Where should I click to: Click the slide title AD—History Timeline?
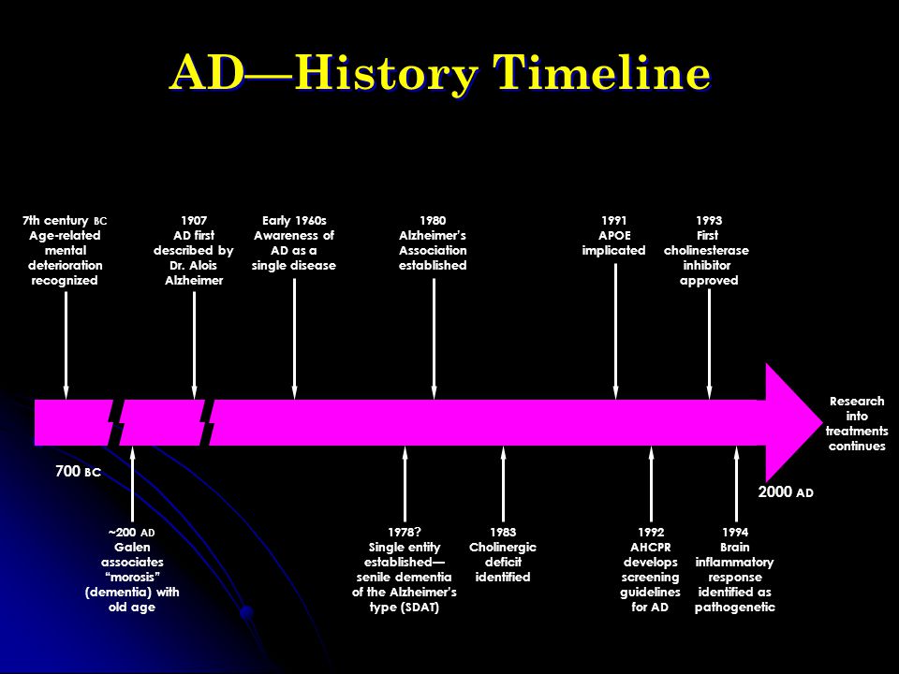pyautogui.click(x=439, y=74)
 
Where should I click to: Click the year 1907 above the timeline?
pyautogui.click(x=193, y=220)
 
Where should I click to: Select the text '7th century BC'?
pyautogui.click(x=65, y=220)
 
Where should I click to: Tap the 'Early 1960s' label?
pyautogui.click(x=294, y=220)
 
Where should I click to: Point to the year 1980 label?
pyautogui.click(x=433, y=220)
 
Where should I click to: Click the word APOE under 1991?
pyautogui.click(x=614, y=235)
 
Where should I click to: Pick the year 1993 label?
pyautogui.click(x=708, y=220)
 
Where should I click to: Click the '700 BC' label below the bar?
pyautogui.click(x=78, y=472)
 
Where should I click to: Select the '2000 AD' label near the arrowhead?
pyautogui.click(x=785, y=491)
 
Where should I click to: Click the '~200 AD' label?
pyautogui.click(x=132, y=532)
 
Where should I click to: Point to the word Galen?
pyautogui.click(x=132, y=547)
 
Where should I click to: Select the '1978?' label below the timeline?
pyautogui.click(x=404, y=532)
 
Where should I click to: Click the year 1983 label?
pyautogui.click(x=503, y=532)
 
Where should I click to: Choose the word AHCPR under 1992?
pyautogui.click(x=650, y=547)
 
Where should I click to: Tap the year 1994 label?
pyautogui.click(x=735, y=532)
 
